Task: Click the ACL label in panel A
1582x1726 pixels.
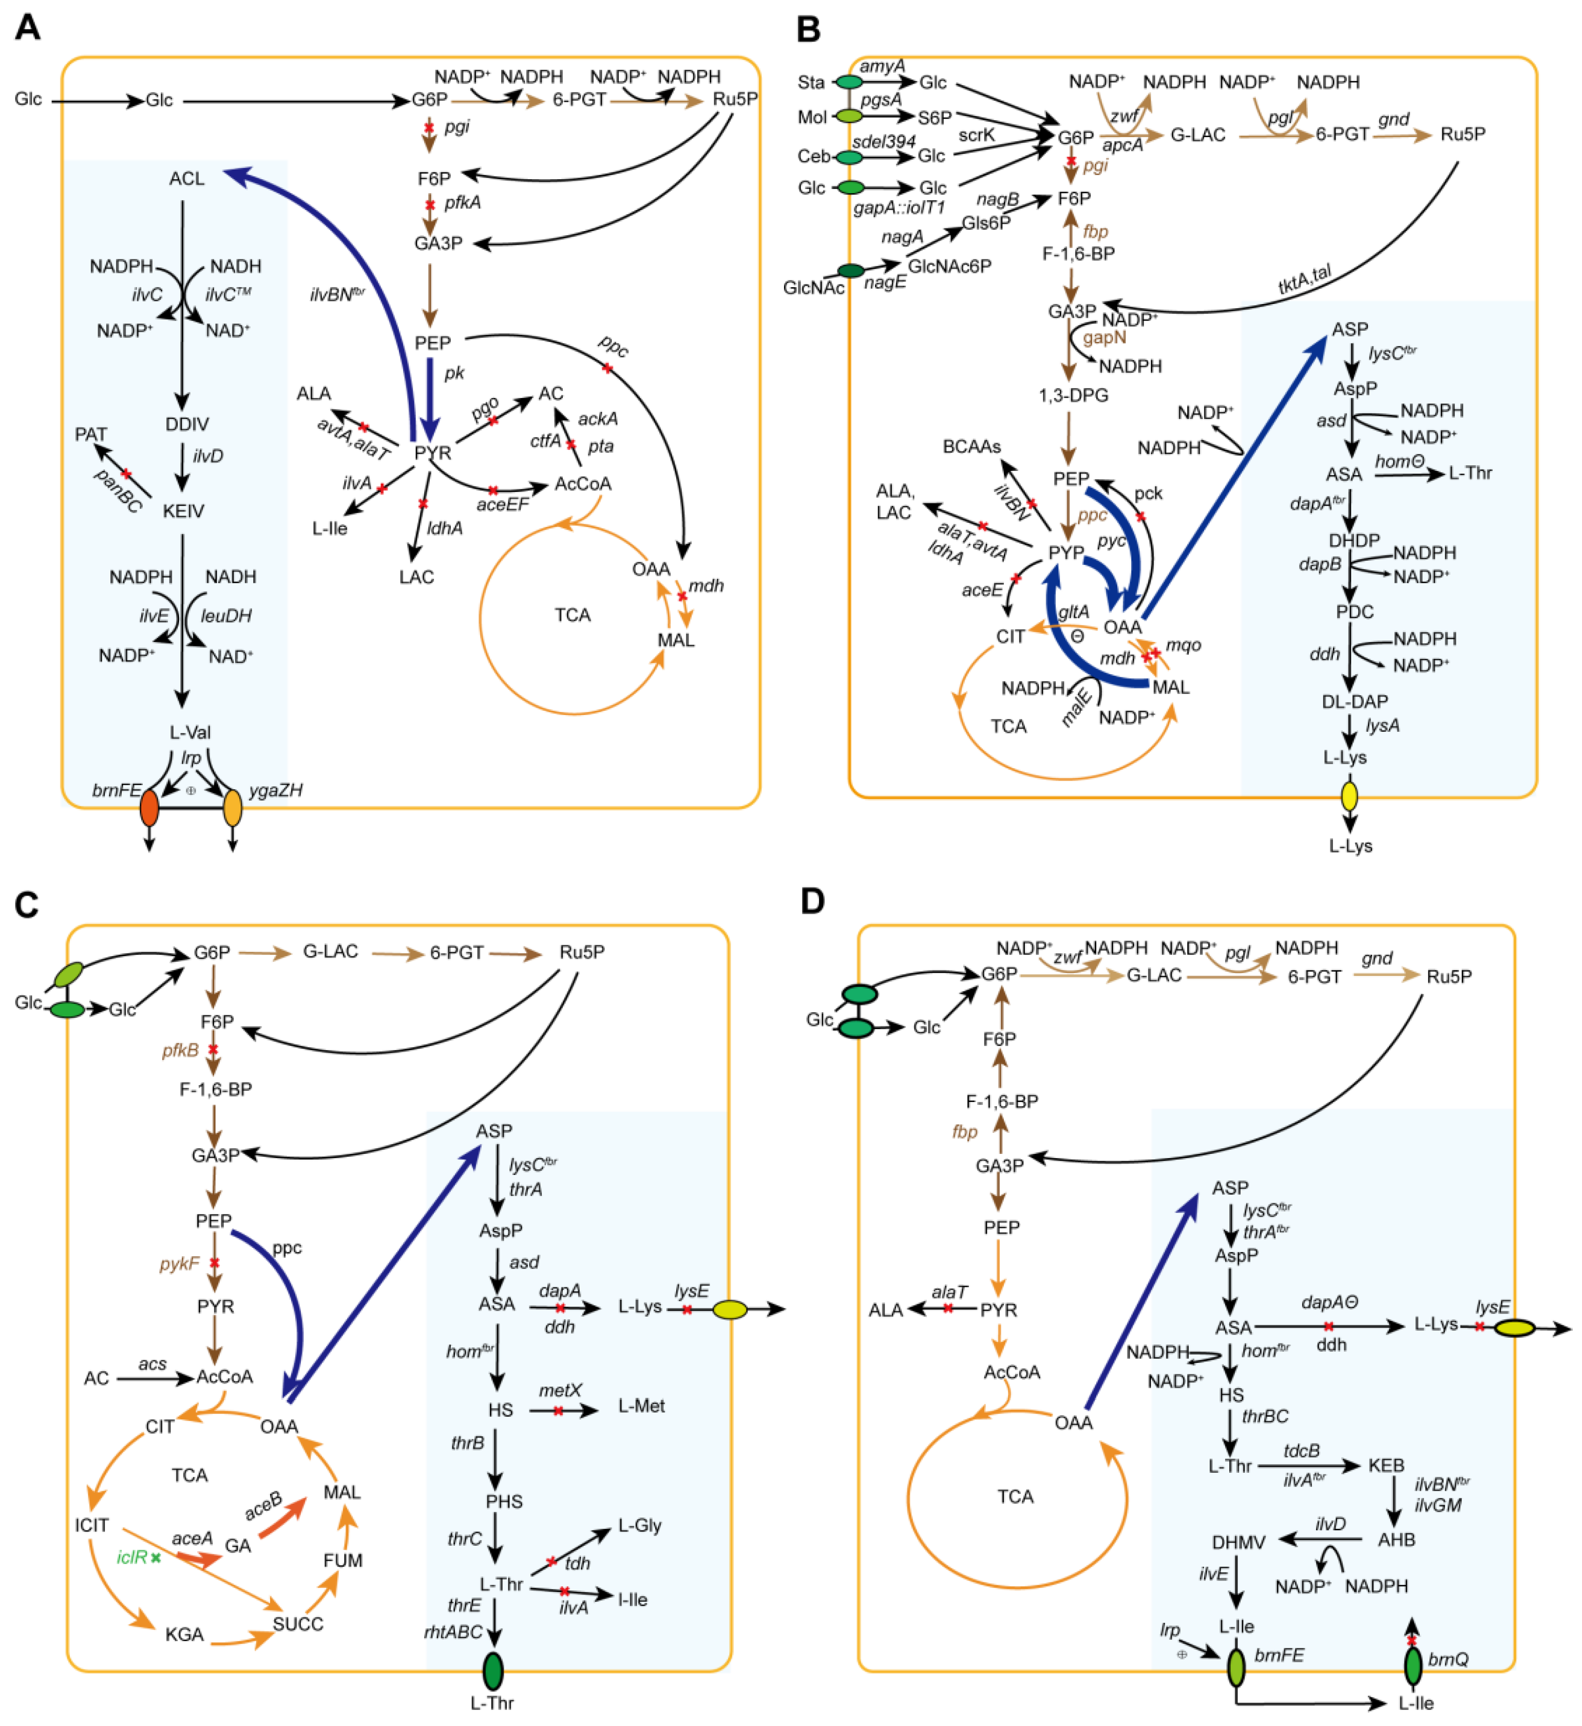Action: click(186, 179)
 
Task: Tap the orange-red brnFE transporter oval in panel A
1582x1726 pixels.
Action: click(149, 808)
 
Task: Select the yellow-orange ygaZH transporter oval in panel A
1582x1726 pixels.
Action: click(232, 808)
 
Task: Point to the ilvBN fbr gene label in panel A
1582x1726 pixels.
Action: click(336, 295)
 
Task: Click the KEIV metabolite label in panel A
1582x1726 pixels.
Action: click(183, 511)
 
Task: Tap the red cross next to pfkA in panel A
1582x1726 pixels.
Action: click(430, 204)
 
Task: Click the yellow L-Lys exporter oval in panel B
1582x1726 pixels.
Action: click(1349, 796)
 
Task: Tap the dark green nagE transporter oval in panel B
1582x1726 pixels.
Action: click(850, 271)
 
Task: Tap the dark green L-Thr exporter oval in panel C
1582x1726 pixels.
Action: click(493, 1671)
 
